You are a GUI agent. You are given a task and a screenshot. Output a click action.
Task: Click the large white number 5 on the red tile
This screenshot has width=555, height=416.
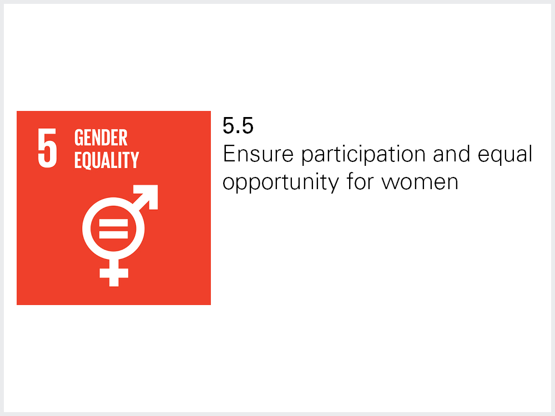47,148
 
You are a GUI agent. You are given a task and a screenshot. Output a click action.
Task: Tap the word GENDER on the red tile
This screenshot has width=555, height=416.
101,138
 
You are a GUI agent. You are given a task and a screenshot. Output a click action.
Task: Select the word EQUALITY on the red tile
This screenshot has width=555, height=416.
107,160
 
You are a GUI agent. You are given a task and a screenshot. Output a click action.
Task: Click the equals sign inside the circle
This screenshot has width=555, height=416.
113,229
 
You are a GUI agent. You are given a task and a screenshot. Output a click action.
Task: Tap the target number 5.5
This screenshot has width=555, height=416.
238,125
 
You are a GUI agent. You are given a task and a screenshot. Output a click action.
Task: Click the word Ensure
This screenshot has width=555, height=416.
259,154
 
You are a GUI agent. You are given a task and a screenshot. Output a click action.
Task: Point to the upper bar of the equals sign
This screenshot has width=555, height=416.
113,222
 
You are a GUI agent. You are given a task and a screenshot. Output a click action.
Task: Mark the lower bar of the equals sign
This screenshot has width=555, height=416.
113,235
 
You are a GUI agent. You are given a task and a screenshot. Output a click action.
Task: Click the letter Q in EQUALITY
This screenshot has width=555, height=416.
88,161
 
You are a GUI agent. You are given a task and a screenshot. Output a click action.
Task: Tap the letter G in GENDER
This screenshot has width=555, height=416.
79,138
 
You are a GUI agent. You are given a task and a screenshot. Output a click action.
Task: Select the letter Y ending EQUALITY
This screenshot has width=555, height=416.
135,160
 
